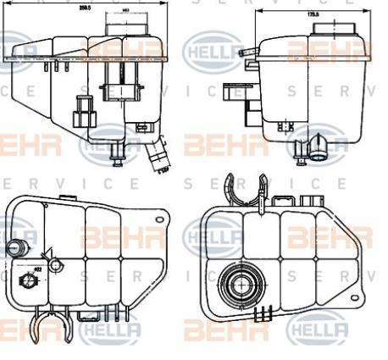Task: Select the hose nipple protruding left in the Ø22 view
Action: tap(14, 248)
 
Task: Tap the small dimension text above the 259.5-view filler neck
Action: tap(125, 12)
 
